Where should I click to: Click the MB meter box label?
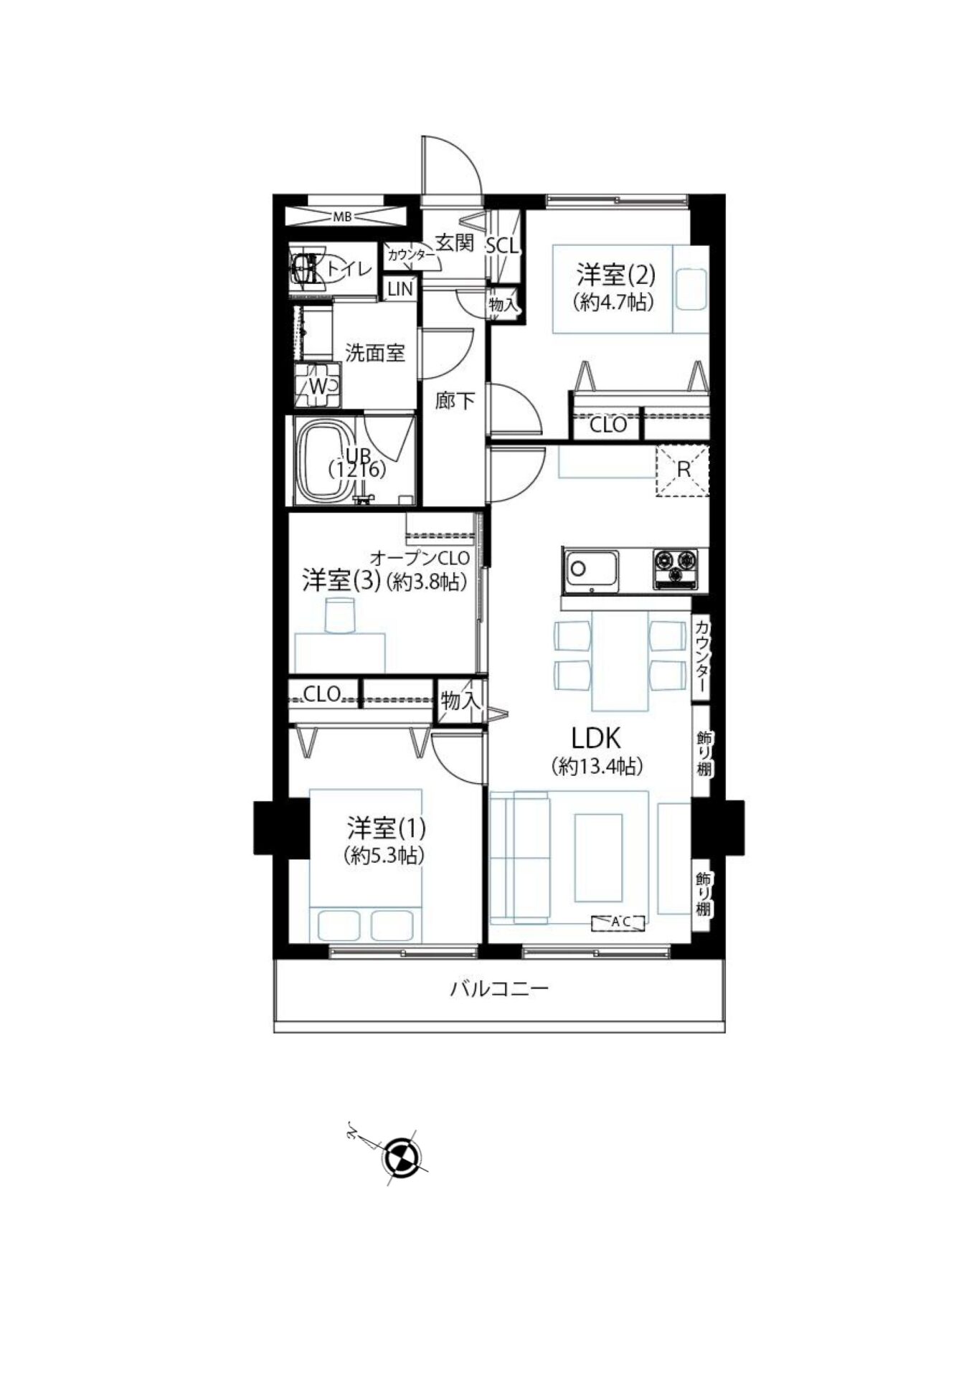(x=343, y=216)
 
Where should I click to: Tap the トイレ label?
(x=350, y=270)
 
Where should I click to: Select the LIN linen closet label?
(x=399, y=289)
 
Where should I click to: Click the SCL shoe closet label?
(x=502, y=246)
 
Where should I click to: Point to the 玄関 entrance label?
(x=455, y=242)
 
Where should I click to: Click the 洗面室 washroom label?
(x=375, y=353)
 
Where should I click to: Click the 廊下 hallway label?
(x=455, y=400)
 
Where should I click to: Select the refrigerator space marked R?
(x=683, y=470)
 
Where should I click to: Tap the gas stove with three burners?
(x=675, y=569)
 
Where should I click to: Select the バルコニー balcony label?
(x=499, y=990)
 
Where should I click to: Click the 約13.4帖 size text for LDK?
(x=597, y=766)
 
